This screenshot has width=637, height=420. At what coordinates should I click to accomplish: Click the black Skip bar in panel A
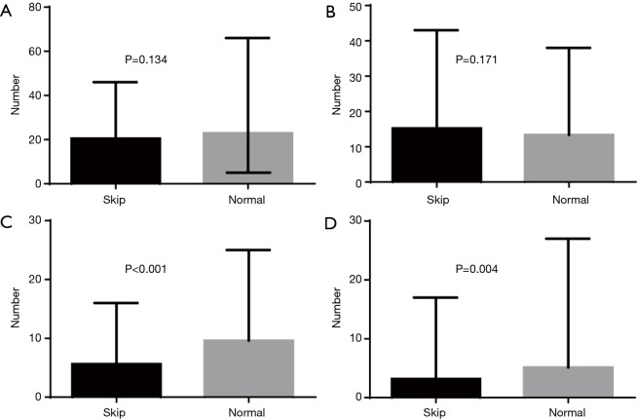click(x=116, y=160)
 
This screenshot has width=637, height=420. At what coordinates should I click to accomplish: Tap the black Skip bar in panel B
click(x=436, y=155)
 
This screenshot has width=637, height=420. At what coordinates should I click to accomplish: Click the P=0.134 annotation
click(x=149, y=58)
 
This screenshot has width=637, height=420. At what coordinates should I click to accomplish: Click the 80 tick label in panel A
click(x=31, y=7)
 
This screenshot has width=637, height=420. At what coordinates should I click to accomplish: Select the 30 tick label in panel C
click(x=31, y=220)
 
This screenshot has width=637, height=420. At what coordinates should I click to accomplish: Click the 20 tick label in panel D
click(x=355, y=280)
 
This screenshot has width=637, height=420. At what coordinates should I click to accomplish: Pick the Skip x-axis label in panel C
click(x=116, y=411)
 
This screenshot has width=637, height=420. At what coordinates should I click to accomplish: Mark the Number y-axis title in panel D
click(x=335, y=309)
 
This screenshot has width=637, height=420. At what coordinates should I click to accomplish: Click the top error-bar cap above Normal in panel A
click(x=248, y=38)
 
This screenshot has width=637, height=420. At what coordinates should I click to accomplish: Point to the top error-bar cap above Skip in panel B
click(x=436, y=29)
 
